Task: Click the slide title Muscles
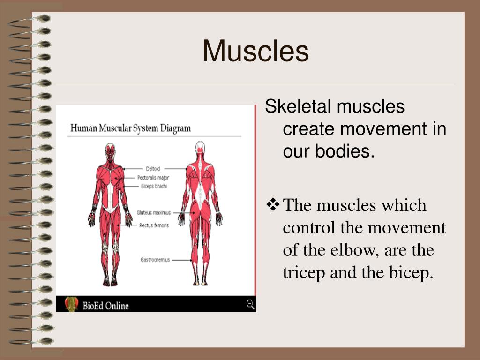255,51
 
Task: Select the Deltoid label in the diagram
153,169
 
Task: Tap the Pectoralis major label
153,178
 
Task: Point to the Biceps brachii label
154,186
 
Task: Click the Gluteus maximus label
154,213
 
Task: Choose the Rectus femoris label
154,225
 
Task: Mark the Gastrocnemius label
155,260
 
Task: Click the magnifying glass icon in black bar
250,305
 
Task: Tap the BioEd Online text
105,306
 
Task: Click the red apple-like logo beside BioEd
71,304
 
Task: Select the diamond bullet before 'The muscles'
273,205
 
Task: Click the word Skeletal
298,106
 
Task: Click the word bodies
345,151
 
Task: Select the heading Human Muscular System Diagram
130,128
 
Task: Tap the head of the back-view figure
200,149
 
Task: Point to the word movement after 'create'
384,128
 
